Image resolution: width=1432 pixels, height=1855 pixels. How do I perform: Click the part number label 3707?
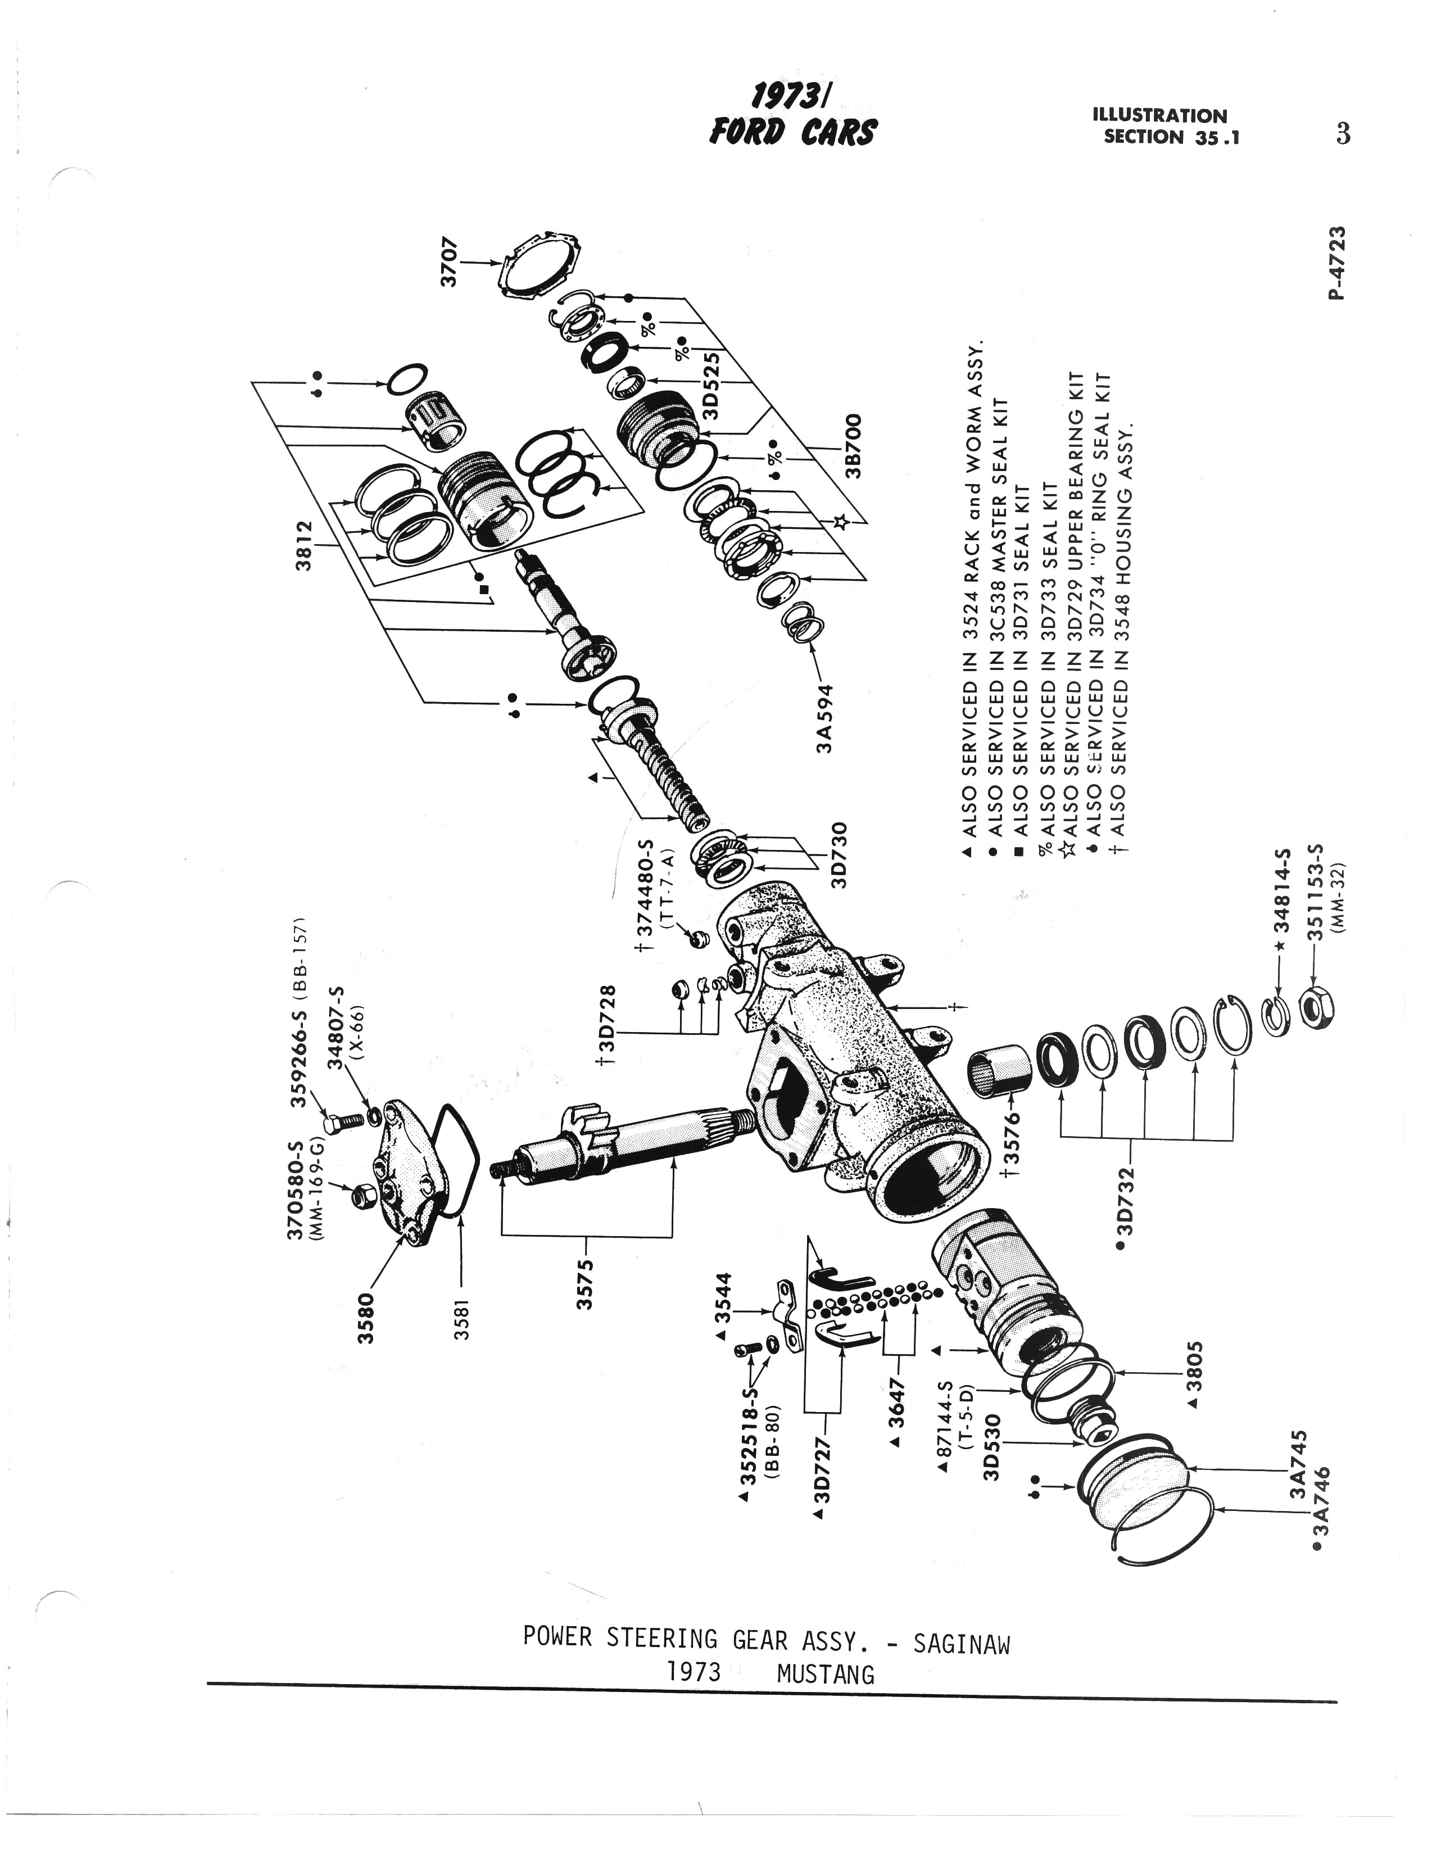pos(448,263)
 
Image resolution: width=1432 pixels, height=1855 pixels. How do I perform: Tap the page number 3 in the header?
pos(1342,134)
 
